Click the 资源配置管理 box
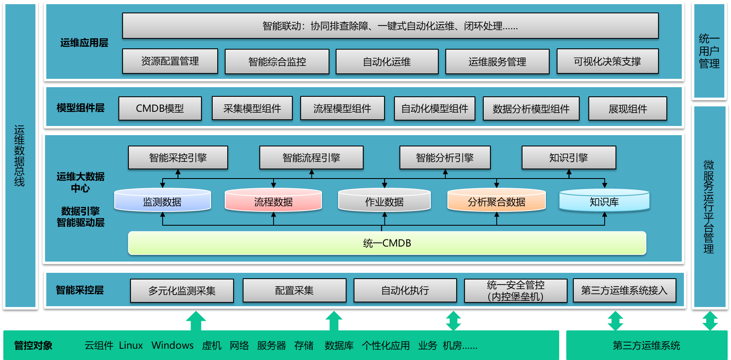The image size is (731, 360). [x=170, y=61]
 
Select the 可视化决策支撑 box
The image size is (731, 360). [x=608, y=61]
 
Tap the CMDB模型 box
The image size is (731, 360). [x=160, y=108]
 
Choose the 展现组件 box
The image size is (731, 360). [x=628, y=108]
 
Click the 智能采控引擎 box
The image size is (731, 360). [x=178, y=158]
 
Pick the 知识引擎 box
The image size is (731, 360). [x=569, y=158]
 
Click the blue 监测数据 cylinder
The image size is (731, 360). [x=163, y=201]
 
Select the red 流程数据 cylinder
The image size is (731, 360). [x=274, y=201]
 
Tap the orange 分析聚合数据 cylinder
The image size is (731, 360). [x=497, y=201]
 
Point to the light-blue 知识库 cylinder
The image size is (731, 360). [x=604, y=201]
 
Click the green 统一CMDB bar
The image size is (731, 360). [x=387, y=243]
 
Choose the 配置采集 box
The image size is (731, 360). [x=294, y=290]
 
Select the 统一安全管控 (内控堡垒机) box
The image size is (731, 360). [x=516, y=290]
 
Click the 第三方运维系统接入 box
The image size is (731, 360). [x=624, y=290]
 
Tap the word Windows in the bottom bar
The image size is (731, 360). [x=173, y=345]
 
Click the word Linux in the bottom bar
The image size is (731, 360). [x=131, y=345]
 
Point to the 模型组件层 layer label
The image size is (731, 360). [x=80, y=108]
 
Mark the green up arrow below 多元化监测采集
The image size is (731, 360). [x=196, y=321]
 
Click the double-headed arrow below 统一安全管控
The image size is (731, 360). [x=453, y=321]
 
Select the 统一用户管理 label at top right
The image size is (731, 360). [x=709, y=51]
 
